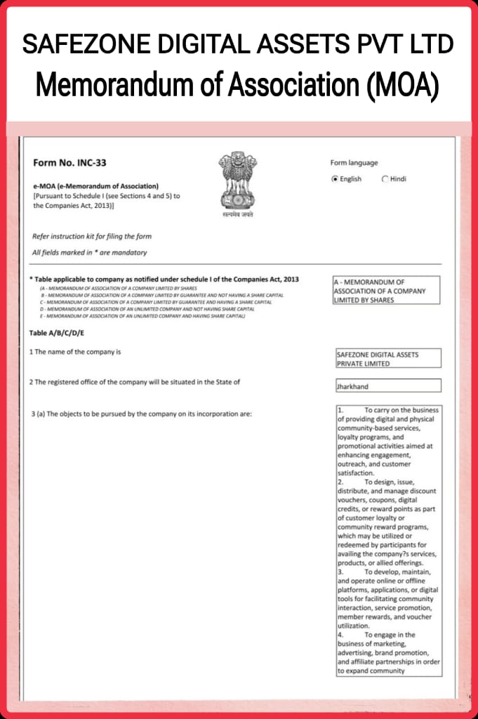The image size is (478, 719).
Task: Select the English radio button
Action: tap(335, 179)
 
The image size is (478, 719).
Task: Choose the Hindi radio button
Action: tap(385, 179)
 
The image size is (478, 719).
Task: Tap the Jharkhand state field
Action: tap(388, 386)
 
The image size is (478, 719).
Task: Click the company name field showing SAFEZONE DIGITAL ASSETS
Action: tap(388, 359)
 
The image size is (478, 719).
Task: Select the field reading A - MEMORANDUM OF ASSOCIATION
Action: tap(386, 291)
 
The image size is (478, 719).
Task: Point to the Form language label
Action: tap(354, 163)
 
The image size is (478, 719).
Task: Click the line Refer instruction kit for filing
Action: tap(92, 237)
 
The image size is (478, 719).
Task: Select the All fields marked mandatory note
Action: tap(90, 253)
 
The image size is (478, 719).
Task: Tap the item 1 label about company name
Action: tap(75, 351)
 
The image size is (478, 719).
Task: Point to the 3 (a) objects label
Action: tap(141, 414)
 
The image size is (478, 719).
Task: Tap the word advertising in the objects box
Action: tap(358, 652)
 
